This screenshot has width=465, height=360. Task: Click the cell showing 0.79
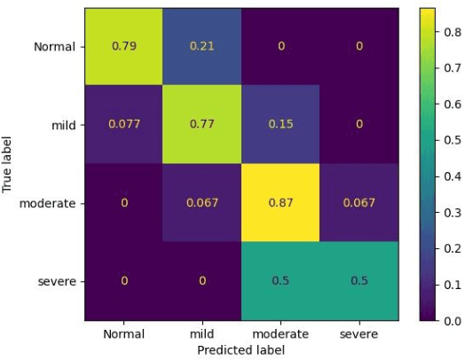[x=124, y=46]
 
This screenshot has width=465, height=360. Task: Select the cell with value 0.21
[x=202, y=46]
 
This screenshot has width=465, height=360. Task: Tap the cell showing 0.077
[x=124, y=124]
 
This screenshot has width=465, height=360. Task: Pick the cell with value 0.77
[x=202, y=124]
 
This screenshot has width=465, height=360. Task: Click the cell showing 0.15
[x=280, y=124]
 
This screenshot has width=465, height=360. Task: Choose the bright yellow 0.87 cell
[x=280, y=203]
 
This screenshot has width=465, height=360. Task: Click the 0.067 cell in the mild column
[x=202, y=203]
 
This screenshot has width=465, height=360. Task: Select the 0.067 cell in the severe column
[x=359, y=203]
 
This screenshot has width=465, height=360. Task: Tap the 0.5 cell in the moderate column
[x=280, y=281]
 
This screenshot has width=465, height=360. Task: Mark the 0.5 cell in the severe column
[x=359, y=281]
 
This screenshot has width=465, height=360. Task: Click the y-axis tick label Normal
[x=55, y=47]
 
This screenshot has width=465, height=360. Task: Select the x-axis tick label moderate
[x=280, y=334]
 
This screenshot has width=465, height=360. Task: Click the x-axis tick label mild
[x=202, y=334]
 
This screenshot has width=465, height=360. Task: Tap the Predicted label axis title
[x=241, y=349]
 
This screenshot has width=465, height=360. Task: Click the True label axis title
[x=8, y=164]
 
